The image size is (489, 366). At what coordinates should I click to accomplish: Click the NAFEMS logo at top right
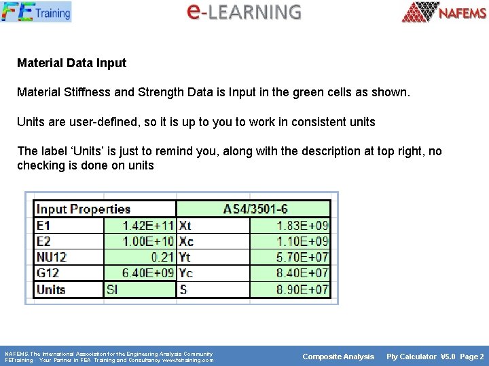pyautogui.click(x=444, y=12)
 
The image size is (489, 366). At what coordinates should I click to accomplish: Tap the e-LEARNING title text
pyautogui.click(x=243, y=12)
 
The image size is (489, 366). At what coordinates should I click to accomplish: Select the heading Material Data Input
pyautogui.click(x=71, y=63)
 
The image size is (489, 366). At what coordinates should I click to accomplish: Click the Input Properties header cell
pyautogui.click(x=84, y=209)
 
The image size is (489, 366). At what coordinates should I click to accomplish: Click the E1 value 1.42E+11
pyautogui.click(x=148, y=225)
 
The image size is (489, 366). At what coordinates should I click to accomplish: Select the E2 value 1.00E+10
pyautogui.click(x=148, y=241)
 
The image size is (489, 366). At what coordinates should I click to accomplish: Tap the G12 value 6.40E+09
pyautogui.click(x=148, y=273)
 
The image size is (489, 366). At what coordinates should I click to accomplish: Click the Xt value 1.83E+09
pyautogui.click(x=303, y=225)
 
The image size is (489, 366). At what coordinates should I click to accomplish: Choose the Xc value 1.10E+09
pyautogui.click(x=303, y=241)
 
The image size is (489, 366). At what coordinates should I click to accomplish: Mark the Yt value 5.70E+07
pyautogui.click(x=303, y=258)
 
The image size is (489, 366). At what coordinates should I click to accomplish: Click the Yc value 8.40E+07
pyautogui.click(x=303, y=273)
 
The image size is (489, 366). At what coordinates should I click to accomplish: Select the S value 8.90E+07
pyautogui.click(x=303, y=289)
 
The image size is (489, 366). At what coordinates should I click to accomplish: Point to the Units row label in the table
pyautogui.click(x=51, y=289)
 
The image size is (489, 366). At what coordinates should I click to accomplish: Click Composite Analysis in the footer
pyautogui.click(x=338, y=357)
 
